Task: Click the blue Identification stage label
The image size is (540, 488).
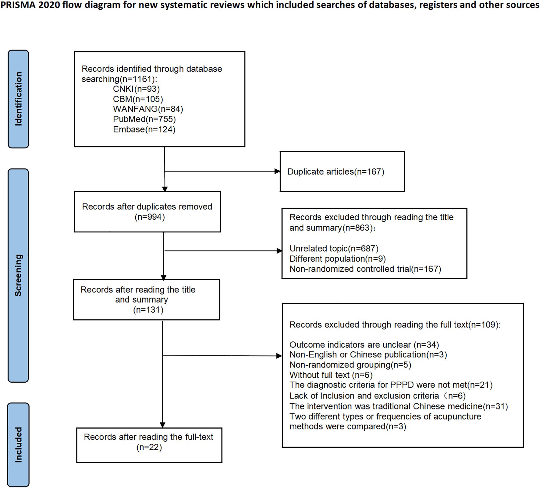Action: (18, 99)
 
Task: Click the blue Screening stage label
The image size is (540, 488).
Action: (18, 275)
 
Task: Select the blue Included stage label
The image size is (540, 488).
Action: (18, 444)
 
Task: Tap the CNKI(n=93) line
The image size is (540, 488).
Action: (136, 89)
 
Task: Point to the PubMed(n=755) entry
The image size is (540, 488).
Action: (144, 119)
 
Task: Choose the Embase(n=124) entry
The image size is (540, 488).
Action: (144, 129)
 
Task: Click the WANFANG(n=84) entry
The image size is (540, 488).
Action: (148, 109)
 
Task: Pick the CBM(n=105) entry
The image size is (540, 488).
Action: (138, 99)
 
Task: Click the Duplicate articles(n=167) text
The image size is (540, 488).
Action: (336, 172)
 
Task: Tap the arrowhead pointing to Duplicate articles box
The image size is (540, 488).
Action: (277, 171)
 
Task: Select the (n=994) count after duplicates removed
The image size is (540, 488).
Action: (150, 217)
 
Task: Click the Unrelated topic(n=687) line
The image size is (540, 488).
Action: (334, 249)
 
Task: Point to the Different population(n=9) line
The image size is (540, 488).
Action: (337, 259)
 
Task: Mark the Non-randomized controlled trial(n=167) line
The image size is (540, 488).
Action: (365, 269)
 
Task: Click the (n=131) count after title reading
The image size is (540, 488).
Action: (148, 310)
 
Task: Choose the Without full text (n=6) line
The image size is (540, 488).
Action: (331, 375)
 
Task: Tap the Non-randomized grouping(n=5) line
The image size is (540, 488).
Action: (350, 365)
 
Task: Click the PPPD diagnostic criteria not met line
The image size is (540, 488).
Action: (391, 385)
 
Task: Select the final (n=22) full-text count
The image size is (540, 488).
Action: (149, 447)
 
